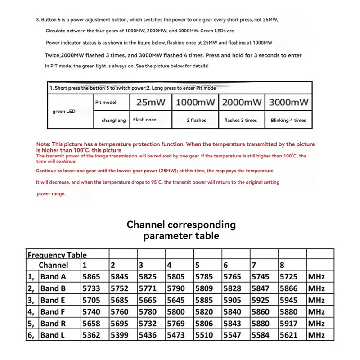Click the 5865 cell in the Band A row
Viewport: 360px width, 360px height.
tap(91, 277)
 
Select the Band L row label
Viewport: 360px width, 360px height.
tap(53, 335)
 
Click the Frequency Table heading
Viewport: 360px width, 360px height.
tap(57, 255)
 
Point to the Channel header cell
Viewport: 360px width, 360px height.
tap(53, 265)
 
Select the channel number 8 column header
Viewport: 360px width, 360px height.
tap(282, 265)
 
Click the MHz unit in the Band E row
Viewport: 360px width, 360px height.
tap(316, 300)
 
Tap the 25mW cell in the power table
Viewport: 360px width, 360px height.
tap(151, 103)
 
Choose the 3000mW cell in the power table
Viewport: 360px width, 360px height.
tap(288, 103)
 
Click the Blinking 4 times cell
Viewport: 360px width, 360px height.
tap(288, 120)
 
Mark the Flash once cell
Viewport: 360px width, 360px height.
tap(145, 120)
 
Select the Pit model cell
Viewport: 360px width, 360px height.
tap(106, 103)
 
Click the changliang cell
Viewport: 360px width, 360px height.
tap(114, 120)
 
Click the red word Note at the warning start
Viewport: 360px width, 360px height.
tap(43, 144)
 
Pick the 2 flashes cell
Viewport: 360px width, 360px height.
tap(196, 120)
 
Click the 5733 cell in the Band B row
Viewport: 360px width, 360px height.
tap(91, 288)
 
